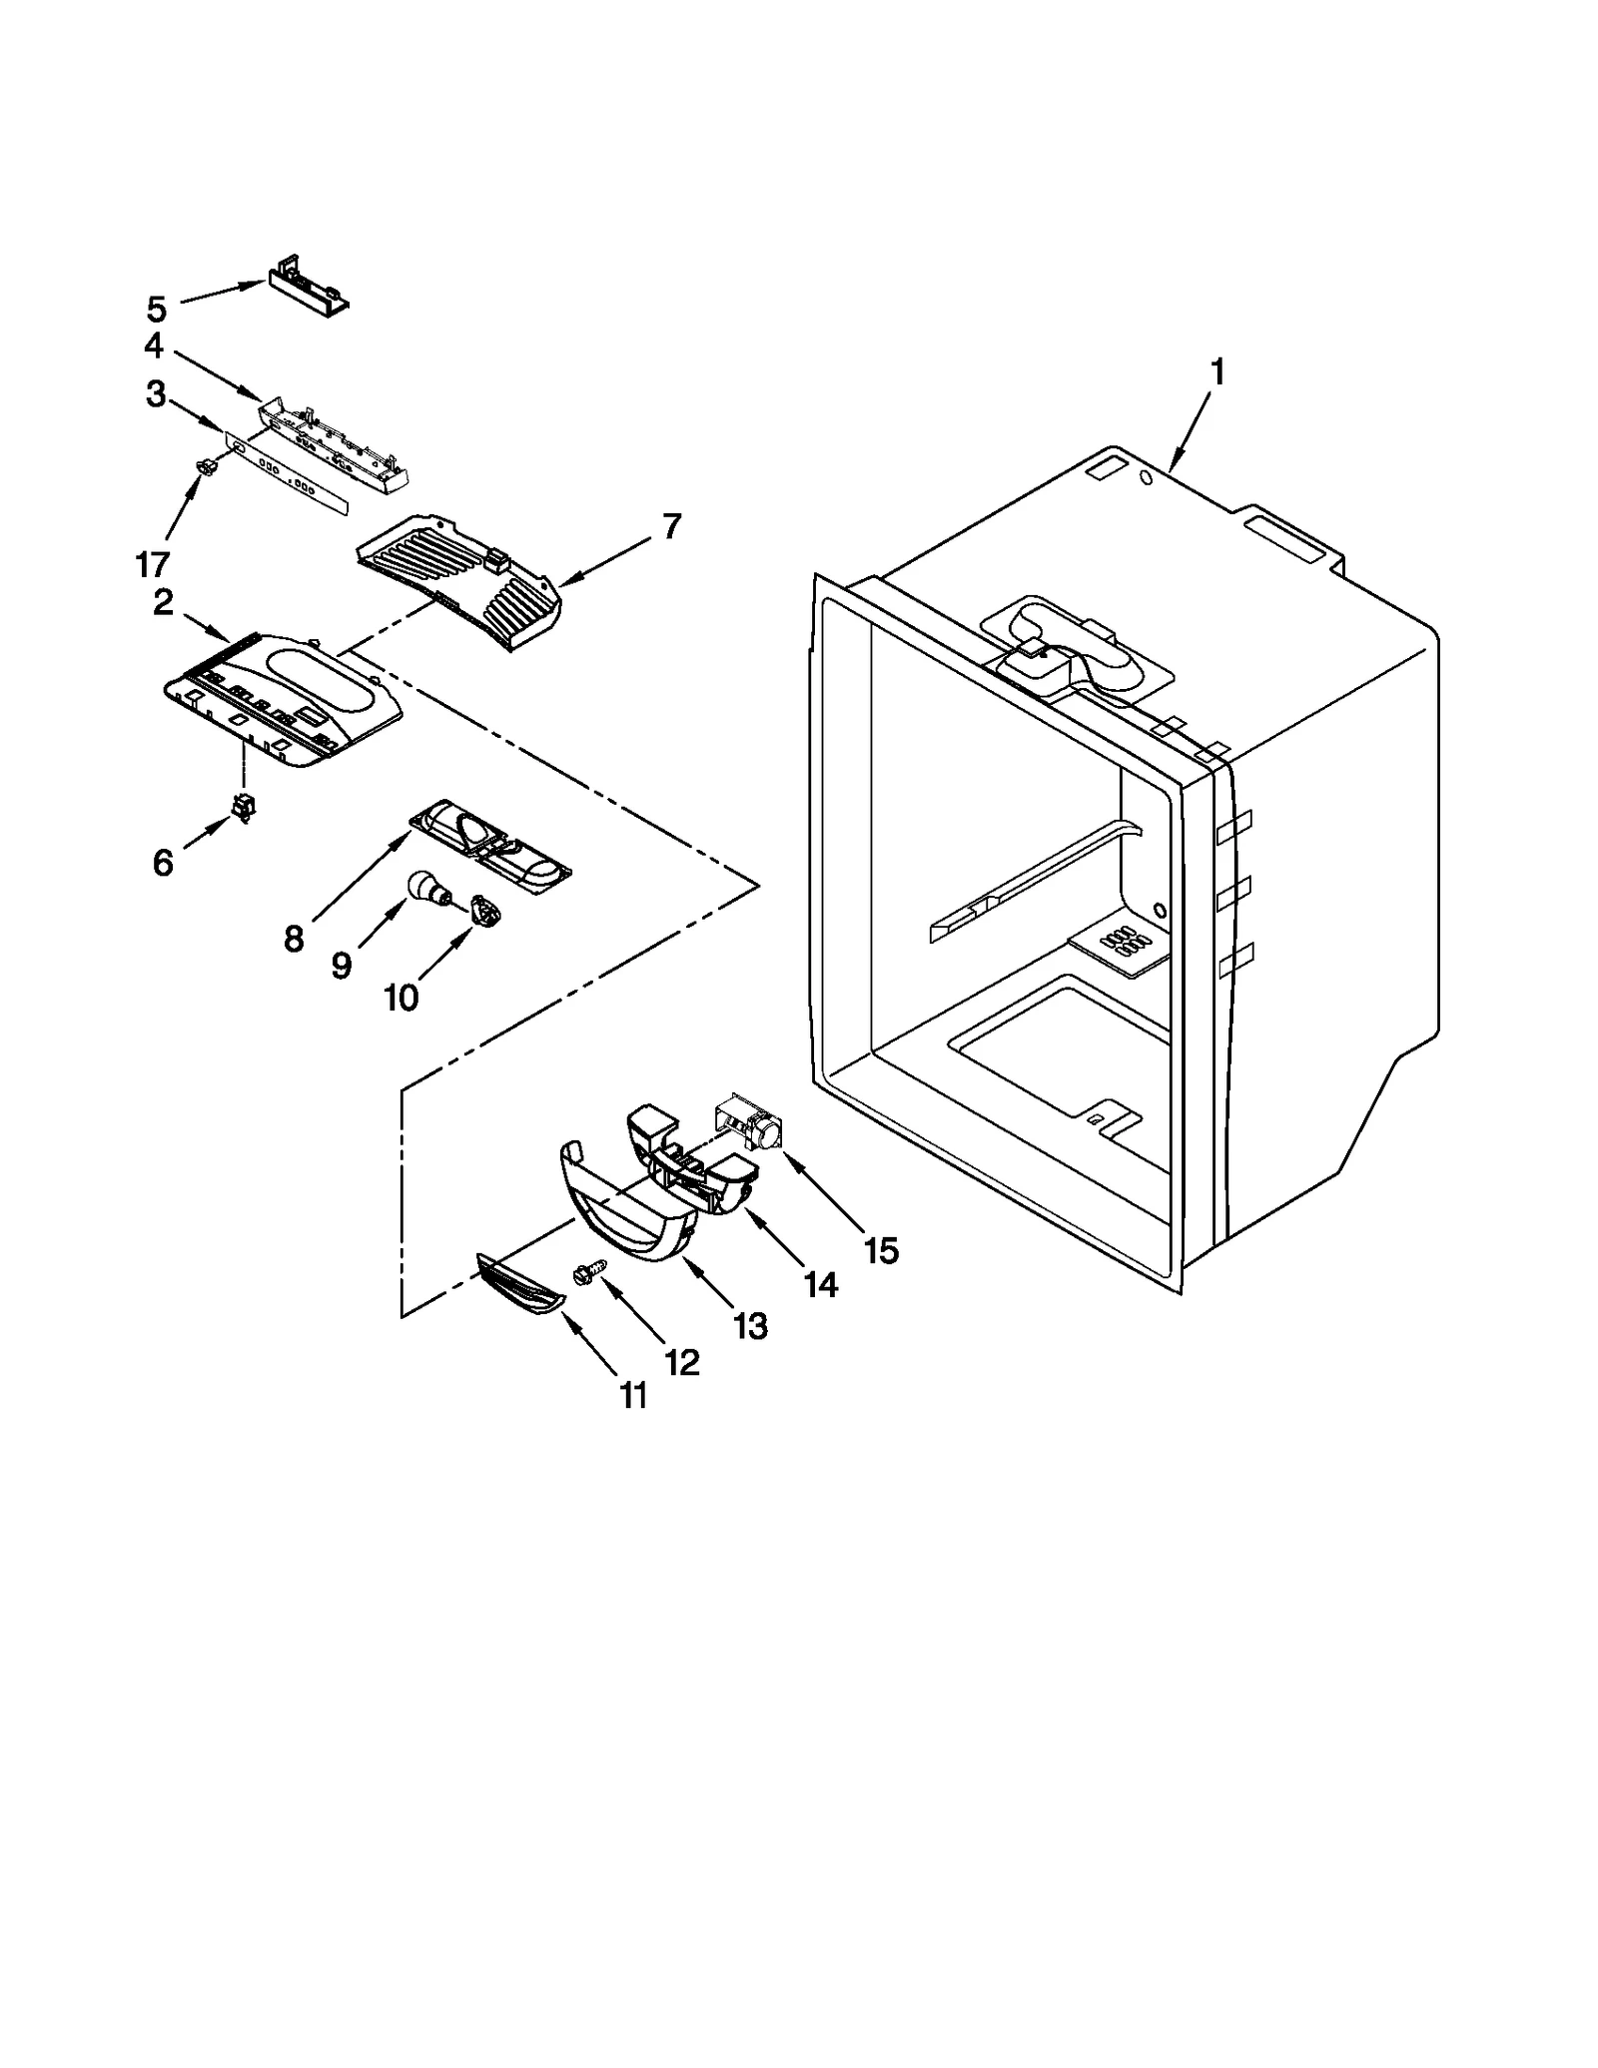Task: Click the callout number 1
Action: click(x=1216, y=373)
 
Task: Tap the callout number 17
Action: click(x=153, y=565)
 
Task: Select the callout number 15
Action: click(x=881, y=1249)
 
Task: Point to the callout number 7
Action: click(x=671, y=526)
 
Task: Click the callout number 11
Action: click(x=633, y=1395)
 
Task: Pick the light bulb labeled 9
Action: click(x=426, y=887)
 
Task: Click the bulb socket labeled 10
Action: click(x=485, y=910)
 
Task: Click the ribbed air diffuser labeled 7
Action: click(x=459, y=579)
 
